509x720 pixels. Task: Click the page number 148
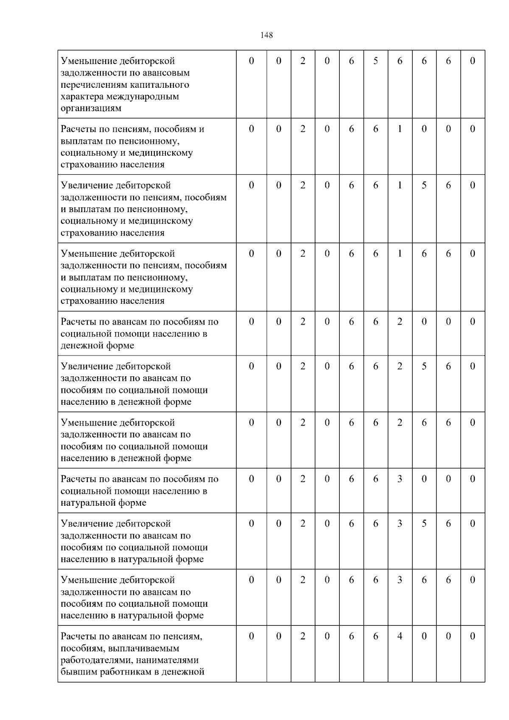(266, 35)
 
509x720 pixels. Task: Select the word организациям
(91, 108)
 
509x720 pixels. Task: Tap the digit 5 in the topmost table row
(375, 61)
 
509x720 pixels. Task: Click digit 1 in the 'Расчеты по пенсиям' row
(400, 129)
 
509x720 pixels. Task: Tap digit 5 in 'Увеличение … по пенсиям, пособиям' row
(424, 185)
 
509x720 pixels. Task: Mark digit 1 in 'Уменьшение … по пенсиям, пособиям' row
(400, 254)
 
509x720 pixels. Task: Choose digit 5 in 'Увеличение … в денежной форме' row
(424, 367)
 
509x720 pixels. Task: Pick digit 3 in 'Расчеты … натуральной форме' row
(400, 479)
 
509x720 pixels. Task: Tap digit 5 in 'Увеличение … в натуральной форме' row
(424, 524)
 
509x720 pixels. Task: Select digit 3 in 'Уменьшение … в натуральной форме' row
(400, 580)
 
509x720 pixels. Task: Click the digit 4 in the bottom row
(400, 636)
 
